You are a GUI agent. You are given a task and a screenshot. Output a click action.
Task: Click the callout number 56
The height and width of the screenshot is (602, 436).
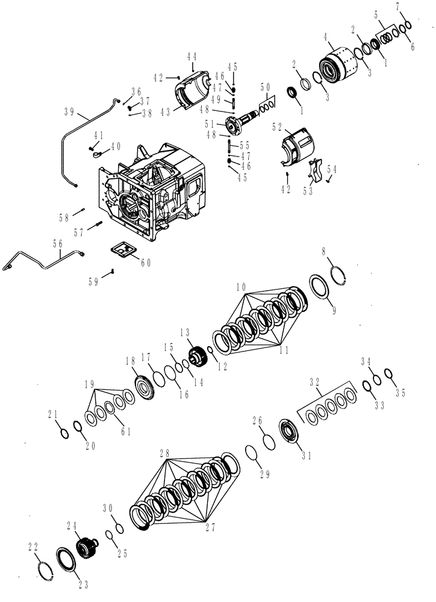click(58, 244)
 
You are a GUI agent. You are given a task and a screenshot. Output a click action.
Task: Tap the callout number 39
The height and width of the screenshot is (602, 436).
click(70, 111)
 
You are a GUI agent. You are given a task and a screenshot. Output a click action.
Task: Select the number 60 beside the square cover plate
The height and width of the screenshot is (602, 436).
click(146, 262)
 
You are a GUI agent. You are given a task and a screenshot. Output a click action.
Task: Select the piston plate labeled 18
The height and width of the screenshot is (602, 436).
click(144, 385)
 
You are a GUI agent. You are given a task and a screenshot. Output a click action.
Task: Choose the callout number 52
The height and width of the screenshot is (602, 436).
click(278, 127)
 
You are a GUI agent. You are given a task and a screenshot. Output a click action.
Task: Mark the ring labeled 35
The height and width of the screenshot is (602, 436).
click(389, 374)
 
